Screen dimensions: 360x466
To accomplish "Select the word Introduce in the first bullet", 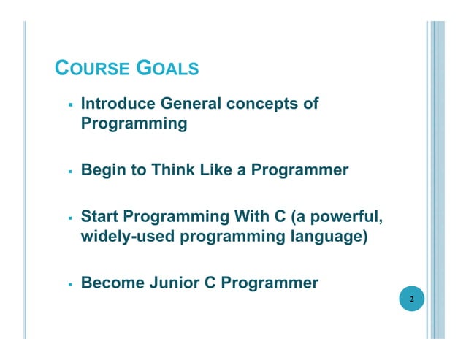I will click(x=118, y=104).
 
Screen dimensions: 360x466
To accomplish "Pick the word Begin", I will click(x=102, y=171).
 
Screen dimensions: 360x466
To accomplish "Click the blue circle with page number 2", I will click(x=412, y=299).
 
